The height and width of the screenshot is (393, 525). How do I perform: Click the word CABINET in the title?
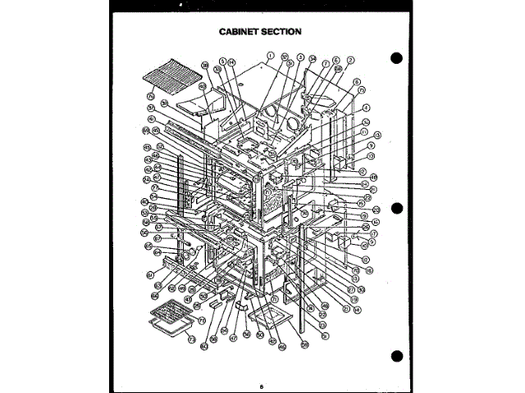tap(240, 32)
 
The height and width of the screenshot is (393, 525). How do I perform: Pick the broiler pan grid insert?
tap(169, 312)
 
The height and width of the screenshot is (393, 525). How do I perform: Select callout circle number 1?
tap(269, 56)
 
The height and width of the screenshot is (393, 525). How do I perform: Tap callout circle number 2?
tap(350, 61)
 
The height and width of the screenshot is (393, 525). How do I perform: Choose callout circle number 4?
tap(366, 107)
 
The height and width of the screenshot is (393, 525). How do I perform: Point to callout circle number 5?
tap(222, 61)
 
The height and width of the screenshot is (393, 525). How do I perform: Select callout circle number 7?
tap(326, 63)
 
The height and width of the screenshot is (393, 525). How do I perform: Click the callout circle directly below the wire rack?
tap(151, 97)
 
